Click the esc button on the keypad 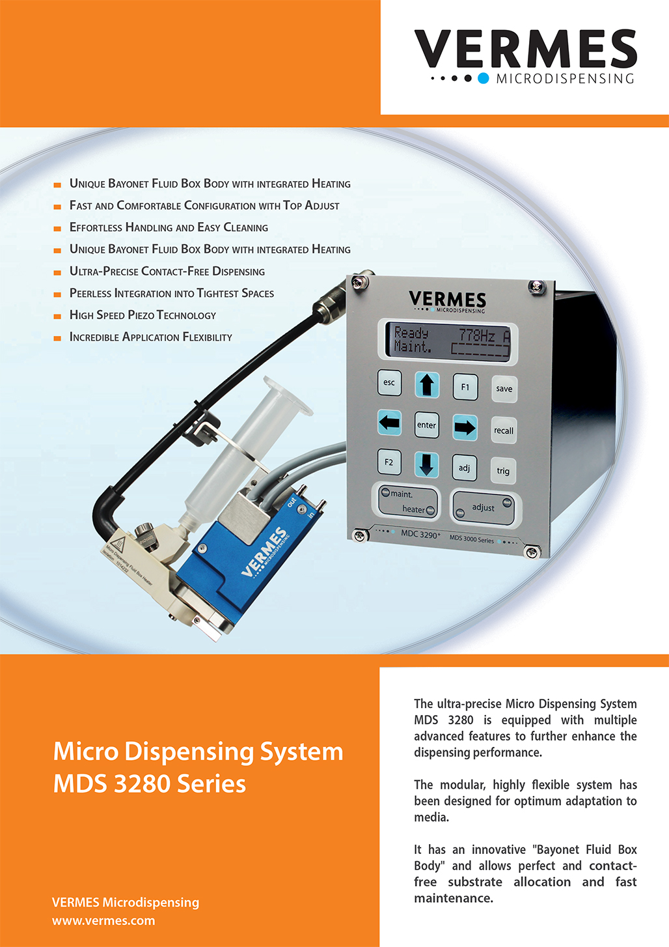pos(389,382)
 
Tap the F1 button pos(465,387)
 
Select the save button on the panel pos(504,389)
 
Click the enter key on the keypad pos(426,425)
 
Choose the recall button pos(504,431)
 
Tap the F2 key pos(389,462)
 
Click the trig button pos(503,471)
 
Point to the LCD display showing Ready pos(451,341)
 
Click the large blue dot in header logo pos(483,78)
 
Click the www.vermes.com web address pos(103,921)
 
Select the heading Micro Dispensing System pos(198,752)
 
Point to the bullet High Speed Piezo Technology pos(143,315)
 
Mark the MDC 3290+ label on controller pos(420,534)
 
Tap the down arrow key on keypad pos(426,465)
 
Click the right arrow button pos(465,427)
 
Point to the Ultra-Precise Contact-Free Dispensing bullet pos(167,272)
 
